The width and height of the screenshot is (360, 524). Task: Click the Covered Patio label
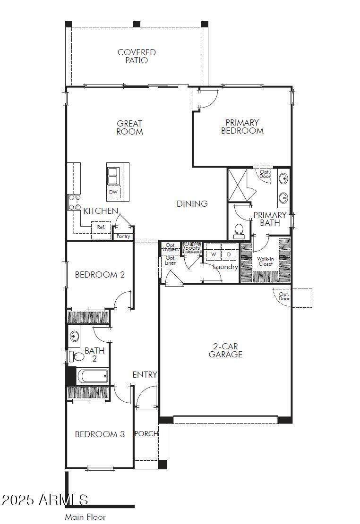pos(137,56)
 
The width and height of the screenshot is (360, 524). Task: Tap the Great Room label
pos(129,127)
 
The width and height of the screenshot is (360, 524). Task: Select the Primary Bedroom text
pos(242,127)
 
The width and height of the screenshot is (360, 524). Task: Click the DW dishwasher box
pos(113,192)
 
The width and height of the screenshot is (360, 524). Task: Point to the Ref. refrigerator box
pos(101,227)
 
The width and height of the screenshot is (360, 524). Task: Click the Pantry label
pos(123,236)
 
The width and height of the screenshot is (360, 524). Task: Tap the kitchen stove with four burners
pos(75,202)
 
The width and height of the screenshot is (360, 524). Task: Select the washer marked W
pos(213,254)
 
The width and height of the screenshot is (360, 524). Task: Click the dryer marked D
pos(229,254)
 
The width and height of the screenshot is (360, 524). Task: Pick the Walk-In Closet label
pos(266,262)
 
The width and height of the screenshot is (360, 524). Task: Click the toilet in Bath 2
pos(77,356)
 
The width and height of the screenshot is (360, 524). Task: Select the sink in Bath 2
pos(74,335)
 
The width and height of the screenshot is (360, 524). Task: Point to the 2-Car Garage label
pos(225,351)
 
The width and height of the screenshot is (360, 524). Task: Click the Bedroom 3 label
pos(100,434)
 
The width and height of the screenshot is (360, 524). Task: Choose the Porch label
pos(146,434)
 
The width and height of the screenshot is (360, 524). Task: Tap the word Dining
pos(192,203)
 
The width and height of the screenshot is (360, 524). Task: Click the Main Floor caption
pos(86,517)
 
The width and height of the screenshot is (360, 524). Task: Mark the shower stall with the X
pos(237,185)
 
